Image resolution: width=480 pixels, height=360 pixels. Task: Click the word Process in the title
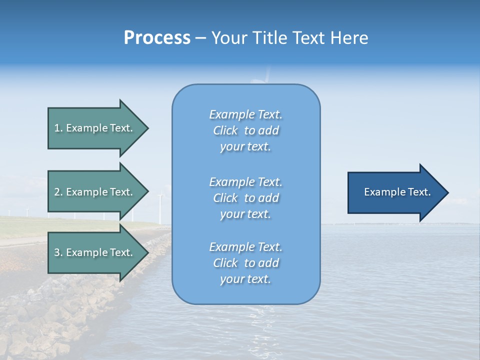pyautogui.click(x=157, y=38)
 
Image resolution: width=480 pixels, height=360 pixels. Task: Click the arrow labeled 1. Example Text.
pyautogui.click(x=95, y=128)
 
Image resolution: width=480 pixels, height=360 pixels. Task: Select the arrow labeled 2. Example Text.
pyautogui.click(x=95, y=192)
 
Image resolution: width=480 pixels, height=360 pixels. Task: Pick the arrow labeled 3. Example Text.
pyautogui.click(x=95, y=252)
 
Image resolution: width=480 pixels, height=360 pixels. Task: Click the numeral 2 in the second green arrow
pyautogui.click(x=57, y=192)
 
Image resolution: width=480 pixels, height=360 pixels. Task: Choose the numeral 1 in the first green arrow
pyautogui.click(x=57, y=128)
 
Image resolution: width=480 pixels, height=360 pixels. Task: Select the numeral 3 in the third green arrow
pyautogui.click(x=57, y=252)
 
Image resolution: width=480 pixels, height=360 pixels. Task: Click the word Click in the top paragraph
pyautogui.click(x=225, y=130)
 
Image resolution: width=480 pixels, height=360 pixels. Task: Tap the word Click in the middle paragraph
pyautogui.click(x=225, y=198)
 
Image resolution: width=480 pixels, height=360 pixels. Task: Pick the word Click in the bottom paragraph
pyautogui.click(x=225, y=263)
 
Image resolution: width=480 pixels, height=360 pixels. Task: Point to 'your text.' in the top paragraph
pyautogui.click(x=245, y=147)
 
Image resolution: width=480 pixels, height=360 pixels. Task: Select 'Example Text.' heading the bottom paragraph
pyautogui.click(x=245, y=247)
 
